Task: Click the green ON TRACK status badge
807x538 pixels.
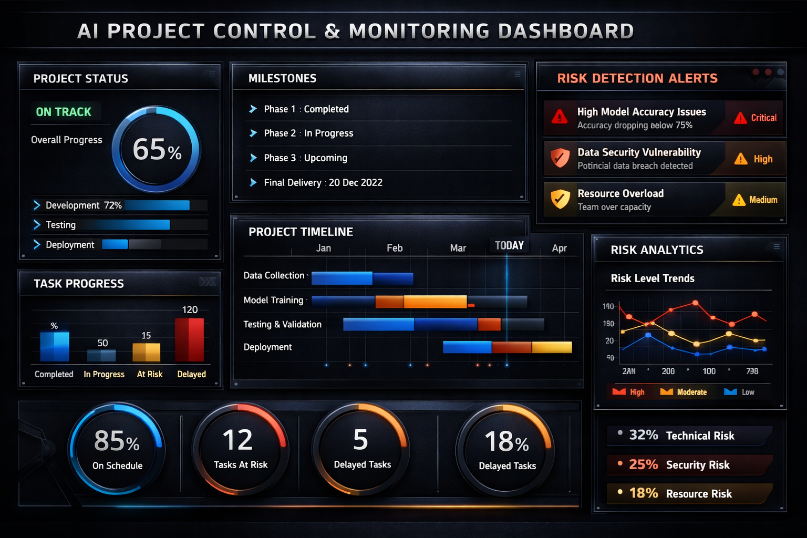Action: pyautogui.click(x=64, y=112)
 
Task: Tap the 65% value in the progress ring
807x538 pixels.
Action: pyautogui.click(x=157, y=150)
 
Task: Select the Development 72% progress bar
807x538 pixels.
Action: pyautogui.click(x=157, y=205)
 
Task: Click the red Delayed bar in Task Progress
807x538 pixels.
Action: pyautogui.click(x=189, y=340)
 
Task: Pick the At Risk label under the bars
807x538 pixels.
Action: pyautogui.click(x=150, y=374)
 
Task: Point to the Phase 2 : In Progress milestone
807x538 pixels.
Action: pyautogui.click(x=308, y=133)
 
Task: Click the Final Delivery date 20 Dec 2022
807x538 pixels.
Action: pyautogui.click(x=356, y=183)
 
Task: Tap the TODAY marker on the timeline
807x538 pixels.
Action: pyautogui.click(x=509, y=245)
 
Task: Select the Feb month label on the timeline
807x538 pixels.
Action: pyautogui.click(x=395, y=248)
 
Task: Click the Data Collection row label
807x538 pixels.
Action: pyautogui.click(x=274, y=275)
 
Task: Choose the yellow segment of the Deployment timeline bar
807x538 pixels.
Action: pyautogui.click(x=552, y=347)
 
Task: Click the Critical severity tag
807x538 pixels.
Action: pyautogui.click(x=756, y=118)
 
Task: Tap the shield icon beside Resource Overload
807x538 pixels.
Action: pyautogui.click(x=560, y=199)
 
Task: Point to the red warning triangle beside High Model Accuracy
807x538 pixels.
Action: pyautogui.click(x=560, y=117)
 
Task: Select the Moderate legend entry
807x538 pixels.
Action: pyautogui.click(x=685, y=392)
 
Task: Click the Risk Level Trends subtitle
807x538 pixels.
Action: pyautogui.click(x=653, y=278)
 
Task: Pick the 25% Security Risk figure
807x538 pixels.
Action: pyautogui.click(x=643, y=464)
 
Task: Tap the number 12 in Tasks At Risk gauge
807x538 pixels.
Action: pyautogui.click(x=237, y=440)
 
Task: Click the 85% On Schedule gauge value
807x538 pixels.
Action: pyautogui.click(x=117, y=441)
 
